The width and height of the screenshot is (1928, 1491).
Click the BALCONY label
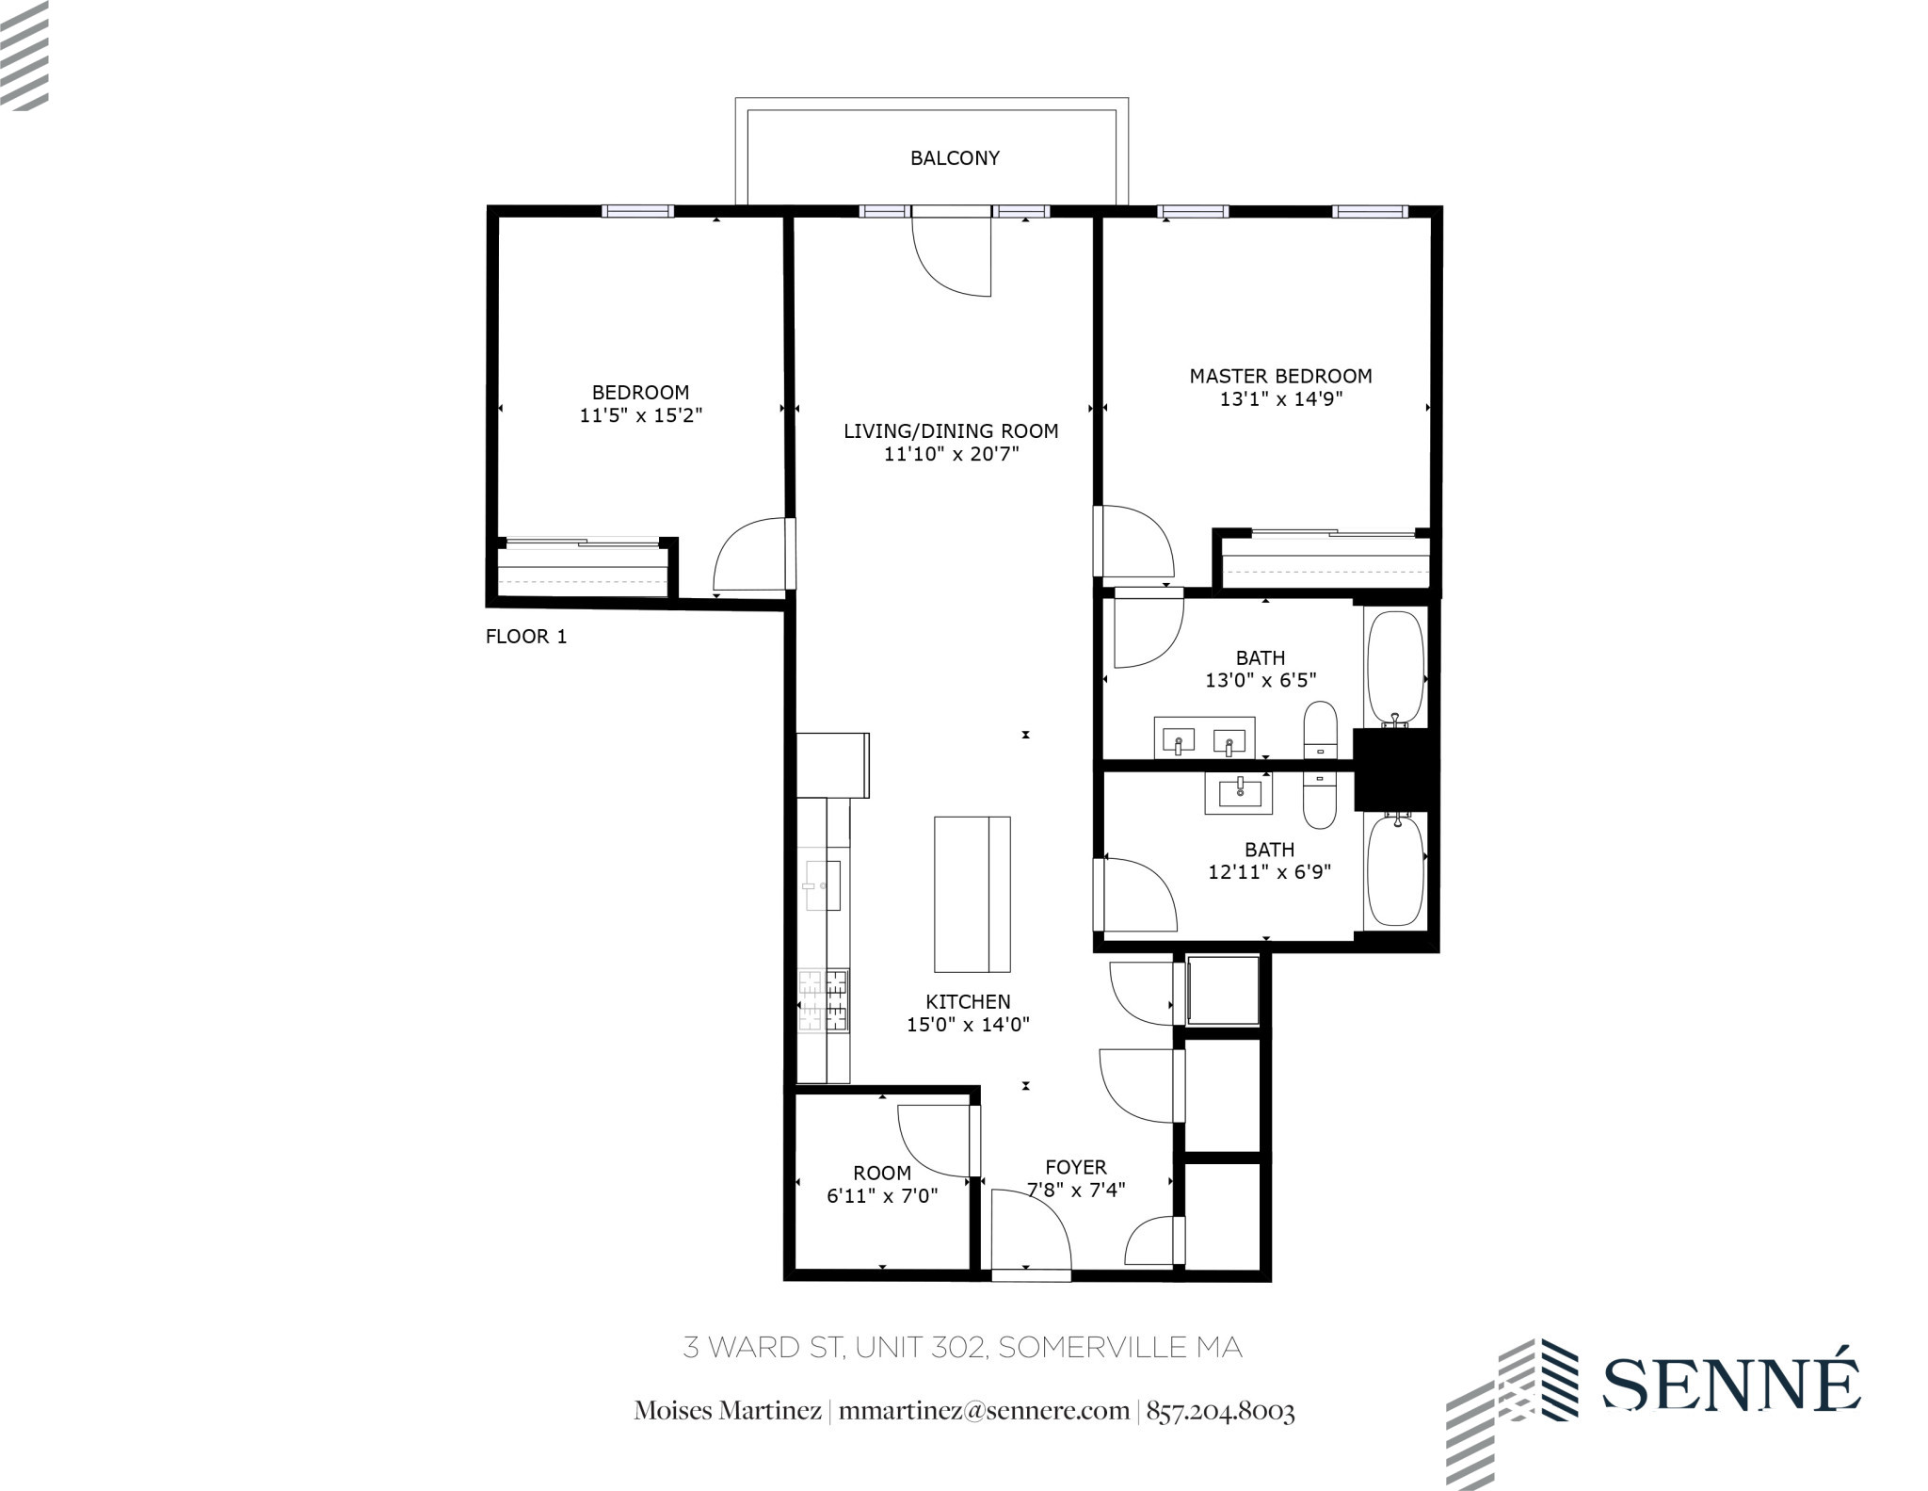click(x=955, y=158)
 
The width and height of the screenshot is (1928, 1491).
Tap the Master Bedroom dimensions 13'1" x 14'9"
click(x=1280, y=398)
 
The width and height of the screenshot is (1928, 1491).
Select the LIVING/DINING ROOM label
click(x=951, y=431)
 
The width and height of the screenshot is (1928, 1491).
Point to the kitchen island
click(x=972, y=894)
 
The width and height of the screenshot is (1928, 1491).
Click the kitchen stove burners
click(x=823, y=1000)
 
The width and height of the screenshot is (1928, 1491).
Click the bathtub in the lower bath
click(x=1396, y=870)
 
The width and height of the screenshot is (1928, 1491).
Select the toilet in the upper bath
click(x=1320, y=730)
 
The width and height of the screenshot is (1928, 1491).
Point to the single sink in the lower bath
click(x=1239, y=793)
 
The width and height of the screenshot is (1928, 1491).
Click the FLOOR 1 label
click(x=526, y=637)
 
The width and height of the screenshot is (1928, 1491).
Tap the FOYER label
click(x=1076, y=1167)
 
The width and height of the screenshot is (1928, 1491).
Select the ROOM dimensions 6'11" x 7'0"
click(x=882, y=1196)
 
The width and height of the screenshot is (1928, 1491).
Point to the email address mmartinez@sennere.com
click(x=984, y=1411)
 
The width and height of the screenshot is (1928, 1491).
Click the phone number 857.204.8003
click(x=1221, y=1411)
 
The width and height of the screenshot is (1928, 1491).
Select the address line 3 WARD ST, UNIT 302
click(x=835, y=1348)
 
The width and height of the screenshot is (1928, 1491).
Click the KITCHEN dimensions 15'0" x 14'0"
click(x=968, y=1025)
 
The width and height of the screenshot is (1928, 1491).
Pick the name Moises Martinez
click(x=728, y=1411)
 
